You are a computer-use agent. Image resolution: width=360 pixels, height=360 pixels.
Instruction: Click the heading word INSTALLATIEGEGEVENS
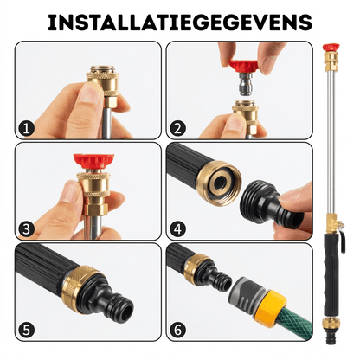coord(180,22)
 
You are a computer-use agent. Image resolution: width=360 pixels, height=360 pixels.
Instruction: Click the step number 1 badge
coord(26,129)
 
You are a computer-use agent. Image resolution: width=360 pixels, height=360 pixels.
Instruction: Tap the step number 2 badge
coord(177,129)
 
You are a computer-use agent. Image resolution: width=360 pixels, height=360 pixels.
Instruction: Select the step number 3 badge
coord(26,229)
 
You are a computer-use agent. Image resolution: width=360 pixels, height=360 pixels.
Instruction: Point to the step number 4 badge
coord(177,229)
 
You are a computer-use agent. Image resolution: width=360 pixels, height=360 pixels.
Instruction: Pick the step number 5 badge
coord(26,331)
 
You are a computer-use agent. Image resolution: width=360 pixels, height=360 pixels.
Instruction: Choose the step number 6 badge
coord(177,331)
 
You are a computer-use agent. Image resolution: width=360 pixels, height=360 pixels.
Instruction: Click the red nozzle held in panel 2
coord(243,66)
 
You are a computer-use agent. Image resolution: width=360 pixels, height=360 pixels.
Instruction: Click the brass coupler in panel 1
coord(102,85)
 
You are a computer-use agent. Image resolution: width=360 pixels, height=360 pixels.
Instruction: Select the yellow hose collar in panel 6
coord(270,306)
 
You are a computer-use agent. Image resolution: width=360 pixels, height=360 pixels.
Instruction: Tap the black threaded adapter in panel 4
coord(269,206)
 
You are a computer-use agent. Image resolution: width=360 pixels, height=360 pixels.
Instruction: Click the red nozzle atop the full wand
coord(331,48)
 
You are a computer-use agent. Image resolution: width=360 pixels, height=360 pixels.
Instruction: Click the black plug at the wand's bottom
coord(331,338)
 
